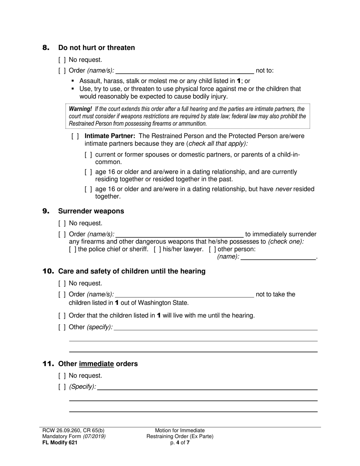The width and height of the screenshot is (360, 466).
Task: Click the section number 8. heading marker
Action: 46,48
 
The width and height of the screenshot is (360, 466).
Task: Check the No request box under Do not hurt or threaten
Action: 62,60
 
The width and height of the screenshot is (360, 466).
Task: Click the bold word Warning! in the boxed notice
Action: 80,109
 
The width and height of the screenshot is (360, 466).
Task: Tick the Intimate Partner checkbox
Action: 75,136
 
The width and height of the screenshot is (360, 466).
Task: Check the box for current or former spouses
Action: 88,155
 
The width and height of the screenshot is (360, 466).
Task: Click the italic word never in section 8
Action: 283,189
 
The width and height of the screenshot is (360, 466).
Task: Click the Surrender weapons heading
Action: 91,211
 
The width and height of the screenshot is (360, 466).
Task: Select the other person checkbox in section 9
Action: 212,249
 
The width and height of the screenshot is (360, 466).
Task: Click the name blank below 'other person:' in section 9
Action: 278,257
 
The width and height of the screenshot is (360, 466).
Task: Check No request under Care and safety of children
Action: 62,283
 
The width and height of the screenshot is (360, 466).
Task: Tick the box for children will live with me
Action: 62,316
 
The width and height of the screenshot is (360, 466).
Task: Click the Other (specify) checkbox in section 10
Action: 62,327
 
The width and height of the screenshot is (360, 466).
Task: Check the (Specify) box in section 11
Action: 62,387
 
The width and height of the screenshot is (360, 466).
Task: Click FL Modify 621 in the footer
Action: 59,442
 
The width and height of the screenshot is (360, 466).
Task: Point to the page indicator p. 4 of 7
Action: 180,442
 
